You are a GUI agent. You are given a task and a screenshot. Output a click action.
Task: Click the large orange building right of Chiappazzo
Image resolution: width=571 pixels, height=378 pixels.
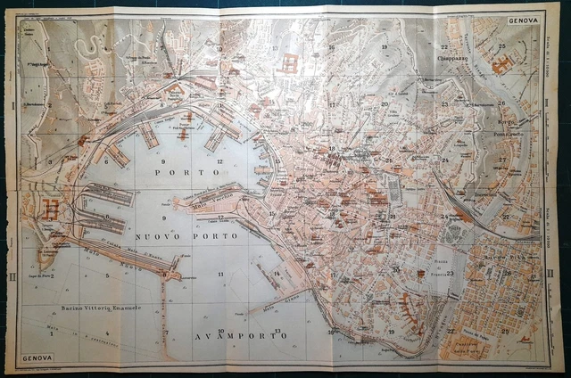pos(502,64)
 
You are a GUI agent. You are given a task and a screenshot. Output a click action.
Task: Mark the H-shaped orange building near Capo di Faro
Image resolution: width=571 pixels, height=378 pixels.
pos(48,210)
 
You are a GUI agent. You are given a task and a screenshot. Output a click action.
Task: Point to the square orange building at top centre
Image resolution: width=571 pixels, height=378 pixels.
pos(289,63)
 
